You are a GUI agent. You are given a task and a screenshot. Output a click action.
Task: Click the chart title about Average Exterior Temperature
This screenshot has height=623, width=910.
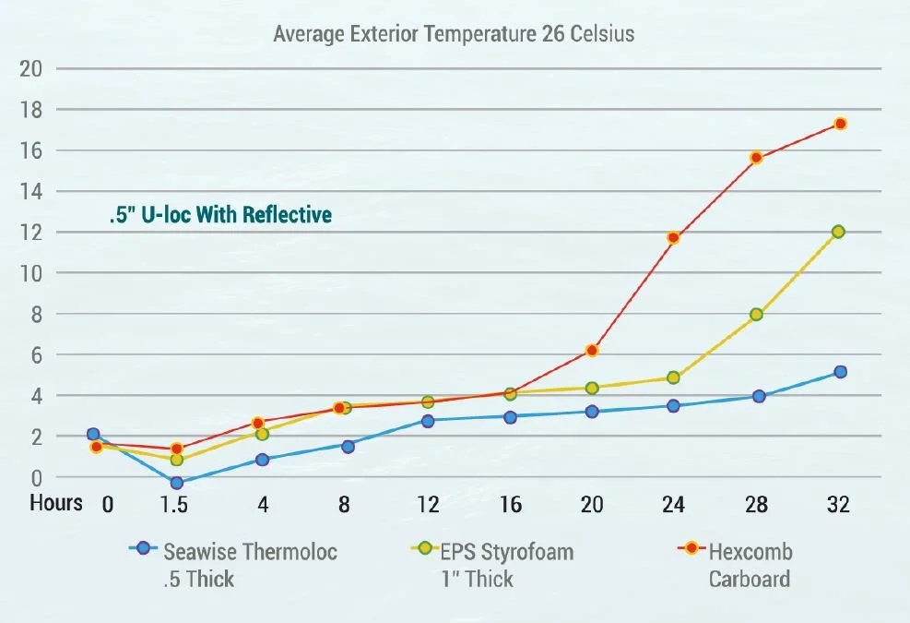454,35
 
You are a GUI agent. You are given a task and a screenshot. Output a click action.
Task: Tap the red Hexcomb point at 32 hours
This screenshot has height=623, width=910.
840,124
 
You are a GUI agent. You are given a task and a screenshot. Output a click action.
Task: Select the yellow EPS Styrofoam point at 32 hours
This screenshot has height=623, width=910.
838,232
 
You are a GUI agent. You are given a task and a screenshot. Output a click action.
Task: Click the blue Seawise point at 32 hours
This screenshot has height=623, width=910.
840,372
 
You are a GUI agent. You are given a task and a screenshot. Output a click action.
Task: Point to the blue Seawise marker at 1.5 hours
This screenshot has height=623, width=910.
177,483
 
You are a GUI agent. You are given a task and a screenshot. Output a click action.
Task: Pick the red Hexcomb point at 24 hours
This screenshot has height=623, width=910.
673,238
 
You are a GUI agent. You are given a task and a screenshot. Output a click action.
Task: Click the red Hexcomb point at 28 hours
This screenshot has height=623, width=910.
756,158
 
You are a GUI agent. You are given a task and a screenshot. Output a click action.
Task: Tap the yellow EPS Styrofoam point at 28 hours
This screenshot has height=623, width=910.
756,315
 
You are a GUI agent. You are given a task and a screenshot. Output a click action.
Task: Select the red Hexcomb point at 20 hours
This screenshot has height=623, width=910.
592,351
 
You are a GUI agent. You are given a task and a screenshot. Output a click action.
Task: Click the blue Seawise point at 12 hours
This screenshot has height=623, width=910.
428,421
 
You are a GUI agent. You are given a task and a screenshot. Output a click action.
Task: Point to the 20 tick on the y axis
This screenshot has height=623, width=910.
31,69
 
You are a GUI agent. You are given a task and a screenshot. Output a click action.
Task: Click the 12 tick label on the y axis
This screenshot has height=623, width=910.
31,233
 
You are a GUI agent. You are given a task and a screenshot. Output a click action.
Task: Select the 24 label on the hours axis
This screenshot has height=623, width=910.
673,505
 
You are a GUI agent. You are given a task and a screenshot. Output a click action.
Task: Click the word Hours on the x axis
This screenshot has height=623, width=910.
56,504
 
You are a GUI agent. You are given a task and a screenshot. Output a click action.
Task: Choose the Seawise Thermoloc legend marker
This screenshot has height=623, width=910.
143,548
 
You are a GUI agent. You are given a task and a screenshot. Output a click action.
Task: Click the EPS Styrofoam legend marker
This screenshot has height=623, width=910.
423,548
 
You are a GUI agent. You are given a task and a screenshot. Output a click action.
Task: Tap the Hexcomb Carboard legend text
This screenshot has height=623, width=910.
750,566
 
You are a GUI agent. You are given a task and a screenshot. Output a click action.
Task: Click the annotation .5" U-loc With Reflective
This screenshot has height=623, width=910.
219,216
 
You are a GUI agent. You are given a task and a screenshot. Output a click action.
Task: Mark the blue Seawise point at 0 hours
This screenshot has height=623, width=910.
93,435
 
